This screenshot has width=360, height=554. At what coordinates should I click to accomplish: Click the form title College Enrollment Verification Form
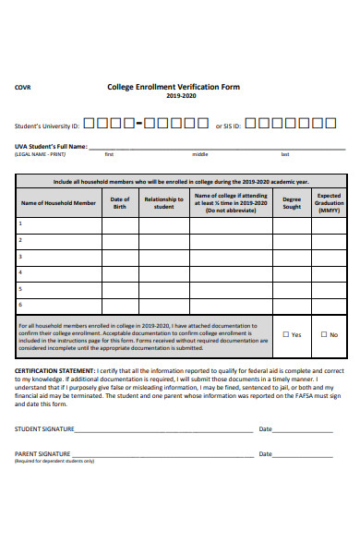(x=174, y=87)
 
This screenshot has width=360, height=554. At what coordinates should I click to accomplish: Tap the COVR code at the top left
(x=22, y=88)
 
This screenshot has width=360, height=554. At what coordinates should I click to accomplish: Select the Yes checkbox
(x=286, y=334)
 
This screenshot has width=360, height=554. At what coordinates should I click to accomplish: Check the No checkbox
(x=324, y=334)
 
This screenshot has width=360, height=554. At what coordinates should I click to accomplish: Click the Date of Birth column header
(x=120, y=202)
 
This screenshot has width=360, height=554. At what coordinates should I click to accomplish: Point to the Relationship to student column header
(x=163, y=202)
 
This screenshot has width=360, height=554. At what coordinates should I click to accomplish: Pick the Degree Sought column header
(x=292, y=202)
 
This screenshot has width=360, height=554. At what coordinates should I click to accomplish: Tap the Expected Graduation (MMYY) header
(x=330, y=202)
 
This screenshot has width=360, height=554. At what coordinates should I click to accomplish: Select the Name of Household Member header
(x=58, y=202)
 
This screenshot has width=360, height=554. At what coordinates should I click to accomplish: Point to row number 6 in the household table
(x=19, y=304)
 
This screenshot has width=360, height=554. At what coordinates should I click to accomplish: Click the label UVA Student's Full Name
(x=51, y=146)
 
